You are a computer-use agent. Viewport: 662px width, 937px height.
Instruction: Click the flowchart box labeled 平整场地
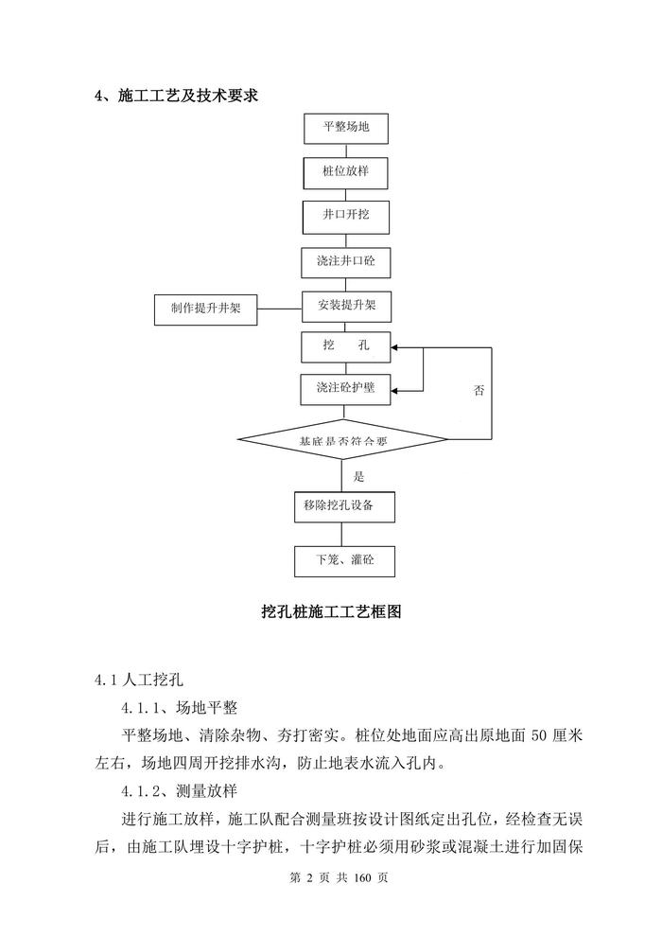point(346,127)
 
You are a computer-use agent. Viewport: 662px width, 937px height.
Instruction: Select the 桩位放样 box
point(346,171)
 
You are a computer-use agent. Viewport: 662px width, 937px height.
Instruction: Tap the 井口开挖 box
point(346,216)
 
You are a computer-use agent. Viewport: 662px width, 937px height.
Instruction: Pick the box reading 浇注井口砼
point(346,260)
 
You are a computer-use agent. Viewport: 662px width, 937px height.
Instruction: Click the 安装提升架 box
point(346,306)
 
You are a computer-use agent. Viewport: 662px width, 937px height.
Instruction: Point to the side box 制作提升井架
point(206,309)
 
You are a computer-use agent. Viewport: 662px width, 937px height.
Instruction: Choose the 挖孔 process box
point(346,346)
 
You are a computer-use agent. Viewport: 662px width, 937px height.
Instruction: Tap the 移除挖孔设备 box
point(345,505)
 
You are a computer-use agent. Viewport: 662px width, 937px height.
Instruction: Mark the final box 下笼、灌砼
point(345,560)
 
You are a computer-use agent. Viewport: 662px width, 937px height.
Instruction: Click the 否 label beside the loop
point(479,391)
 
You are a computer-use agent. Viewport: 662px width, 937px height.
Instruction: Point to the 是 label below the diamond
point(358,476)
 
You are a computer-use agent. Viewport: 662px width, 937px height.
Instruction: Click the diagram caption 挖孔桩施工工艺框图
point(332,612)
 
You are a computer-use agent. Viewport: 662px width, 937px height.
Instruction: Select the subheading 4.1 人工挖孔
point(143,680)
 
